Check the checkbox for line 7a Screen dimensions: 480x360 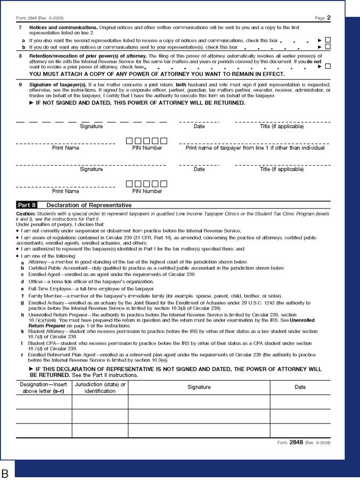[x=328, y=40]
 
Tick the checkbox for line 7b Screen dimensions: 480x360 [x=328, y=47]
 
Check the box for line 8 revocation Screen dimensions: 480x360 [x=328, y=67]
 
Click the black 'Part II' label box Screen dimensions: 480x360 [x=28, y=205]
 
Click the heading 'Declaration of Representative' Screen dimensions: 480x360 [x=89, y=205]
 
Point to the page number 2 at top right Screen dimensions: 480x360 [x=329, y=18]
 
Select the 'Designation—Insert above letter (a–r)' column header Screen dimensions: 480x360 [x=44, y=387]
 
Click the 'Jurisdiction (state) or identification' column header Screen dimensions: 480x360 [x=100, y=387]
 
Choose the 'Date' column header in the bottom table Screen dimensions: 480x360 [x=300, y=387]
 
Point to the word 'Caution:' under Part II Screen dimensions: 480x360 [x=27, y=213]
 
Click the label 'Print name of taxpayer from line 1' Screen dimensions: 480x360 [x=255, y=148]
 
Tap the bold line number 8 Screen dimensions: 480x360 [x=20, y=55]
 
